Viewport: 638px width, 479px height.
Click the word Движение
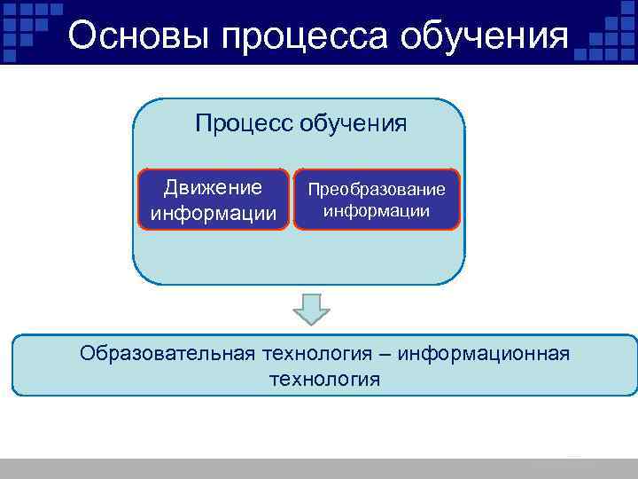click(x=214, y=187)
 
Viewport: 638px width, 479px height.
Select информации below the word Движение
click(x=214, y=213)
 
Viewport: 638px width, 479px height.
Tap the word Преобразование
click(x=377, y=191)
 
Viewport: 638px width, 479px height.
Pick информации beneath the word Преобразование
click(x=377, y=211)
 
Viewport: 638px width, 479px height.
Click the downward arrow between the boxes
click(x=311, y=309)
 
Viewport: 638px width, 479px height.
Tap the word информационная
click(x=483, y=354)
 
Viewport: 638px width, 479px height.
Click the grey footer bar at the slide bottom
click(x=319, y=468)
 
